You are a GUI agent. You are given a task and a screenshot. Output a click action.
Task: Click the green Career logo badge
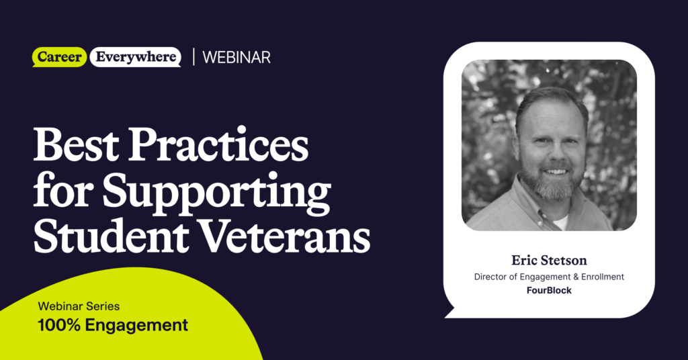tap(59, 57)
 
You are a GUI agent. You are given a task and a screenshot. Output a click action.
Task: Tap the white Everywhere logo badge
tap(135, 57)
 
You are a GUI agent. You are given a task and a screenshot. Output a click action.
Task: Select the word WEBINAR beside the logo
tap(236, 58)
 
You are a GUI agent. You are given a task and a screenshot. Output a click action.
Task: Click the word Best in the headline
tap(75, 146)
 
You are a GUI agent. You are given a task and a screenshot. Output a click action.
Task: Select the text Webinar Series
tap(79, 306)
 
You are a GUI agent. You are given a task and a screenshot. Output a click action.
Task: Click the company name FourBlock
tap(549, 290)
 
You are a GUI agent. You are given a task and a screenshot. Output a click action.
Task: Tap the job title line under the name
tap(549, 277)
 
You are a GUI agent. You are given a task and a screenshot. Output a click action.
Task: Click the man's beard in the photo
tap(551, 187)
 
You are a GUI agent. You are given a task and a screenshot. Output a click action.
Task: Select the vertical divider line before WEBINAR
tap(193, 57)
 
